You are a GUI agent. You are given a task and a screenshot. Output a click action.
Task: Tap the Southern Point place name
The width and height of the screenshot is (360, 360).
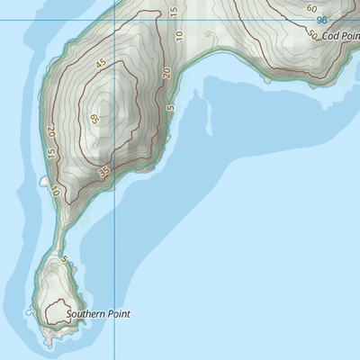pos(99,314)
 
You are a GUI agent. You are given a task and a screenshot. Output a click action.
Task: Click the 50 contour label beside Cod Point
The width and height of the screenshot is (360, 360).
pos(312,35)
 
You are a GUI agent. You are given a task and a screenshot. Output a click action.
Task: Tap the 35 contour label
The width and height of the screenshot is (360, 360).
pos(105,171)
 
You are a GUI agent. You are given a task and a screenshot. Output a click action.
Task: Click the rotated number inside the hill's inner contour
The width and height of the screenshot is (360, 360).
pos(95,119)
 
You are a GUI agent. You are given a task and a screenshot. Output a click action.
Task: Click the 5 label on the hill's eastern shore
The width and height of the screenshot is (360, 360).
pos(170,109)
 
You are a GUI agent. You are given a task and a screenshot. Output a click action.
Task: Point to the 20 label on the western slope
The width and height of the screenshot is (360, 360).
pos(52,131)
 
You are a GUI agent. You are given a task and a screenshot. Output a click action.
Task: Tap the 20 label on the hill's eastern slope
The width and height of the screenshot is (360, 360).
pos(167,74)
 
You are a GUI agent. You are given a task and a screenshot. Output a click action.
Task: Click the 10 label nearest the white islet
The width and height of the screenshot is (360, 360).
pos(56,191)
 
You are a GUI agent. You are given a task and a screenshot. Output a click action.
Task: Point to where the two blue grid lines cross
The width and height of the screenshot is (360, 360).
pos(115,21)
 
